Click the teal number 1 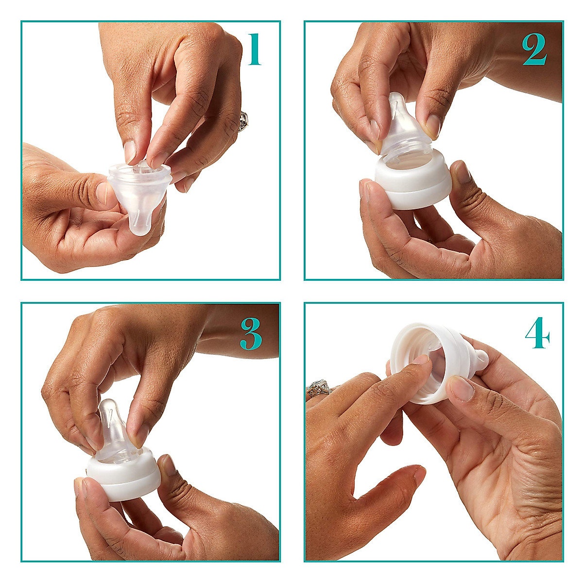click(255, 50)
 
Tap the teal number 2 click(534, 50)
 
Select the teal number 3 click(251, 335)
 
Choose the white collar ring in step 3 click(124, 479)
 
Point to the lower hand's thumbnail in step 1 click(102, 192)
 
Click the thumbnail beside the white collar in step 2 click(462, 172)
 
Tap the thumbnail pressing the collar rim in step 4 click(462, 389)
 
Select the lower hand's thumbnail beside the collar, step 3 click(168, 465)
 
